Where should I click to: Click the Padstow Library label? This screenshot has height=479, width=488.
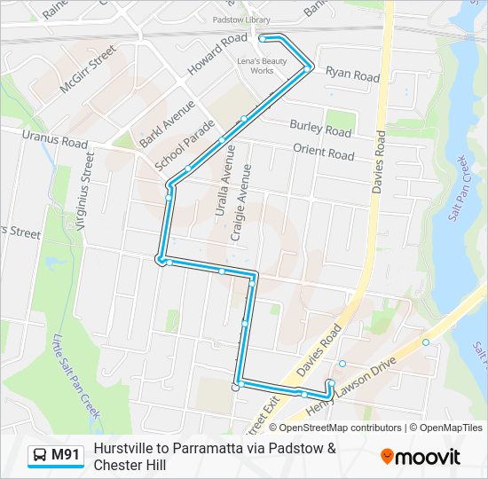(240, 19)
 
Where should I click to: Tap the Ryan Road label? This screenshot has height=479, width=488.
(352, 75)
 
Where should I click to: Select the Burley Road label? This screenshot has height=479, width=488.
(320, 128)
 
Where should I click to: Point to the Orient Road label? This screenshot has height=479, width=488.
(324, 153)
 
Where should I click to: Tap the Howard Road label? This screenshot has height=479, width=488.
(217, 53)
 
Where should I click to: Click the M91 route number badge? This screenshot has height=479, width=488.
(56, 456)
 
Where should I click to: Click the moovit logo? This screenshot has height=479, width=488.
(421, 456)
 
